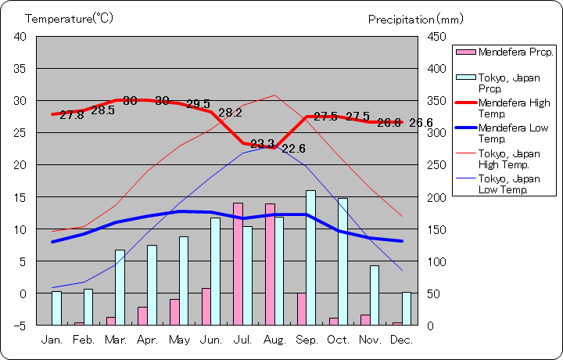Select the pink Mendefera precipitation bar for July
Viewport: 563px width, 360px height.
click(x=238, y=264)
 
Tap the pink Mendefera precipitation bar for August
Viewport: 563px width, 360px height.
click(x=270, y=264)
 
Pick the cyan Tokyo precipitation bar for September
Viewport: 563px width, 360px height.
click(x=310, y=257)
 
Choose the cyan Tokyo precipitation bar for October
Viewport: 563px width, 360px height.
click(x=342, y=261)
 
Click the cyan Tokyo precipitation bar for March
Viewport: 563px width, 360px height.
click(x=120, y=287)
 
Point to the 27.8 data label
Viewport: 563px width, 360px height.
click(x=71, y=115)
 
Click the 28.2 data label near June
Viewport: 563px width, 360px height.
click(x=230, y=113)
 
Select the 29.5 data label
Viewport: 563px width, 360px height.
click(x=198, y=104)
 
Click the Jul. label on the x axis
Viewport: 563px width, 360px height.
click(x=243, y=340)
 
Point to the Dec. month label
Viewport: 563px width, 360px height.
click(x=401, y=340)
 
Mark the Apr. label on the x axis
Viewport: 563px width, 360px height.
click(x=148, y=340)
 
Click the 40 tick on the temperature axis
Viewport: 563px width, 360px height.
click(x=20, y=37)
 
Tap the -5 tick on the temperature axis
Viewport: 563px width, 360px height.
click(x=20, y=325)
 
